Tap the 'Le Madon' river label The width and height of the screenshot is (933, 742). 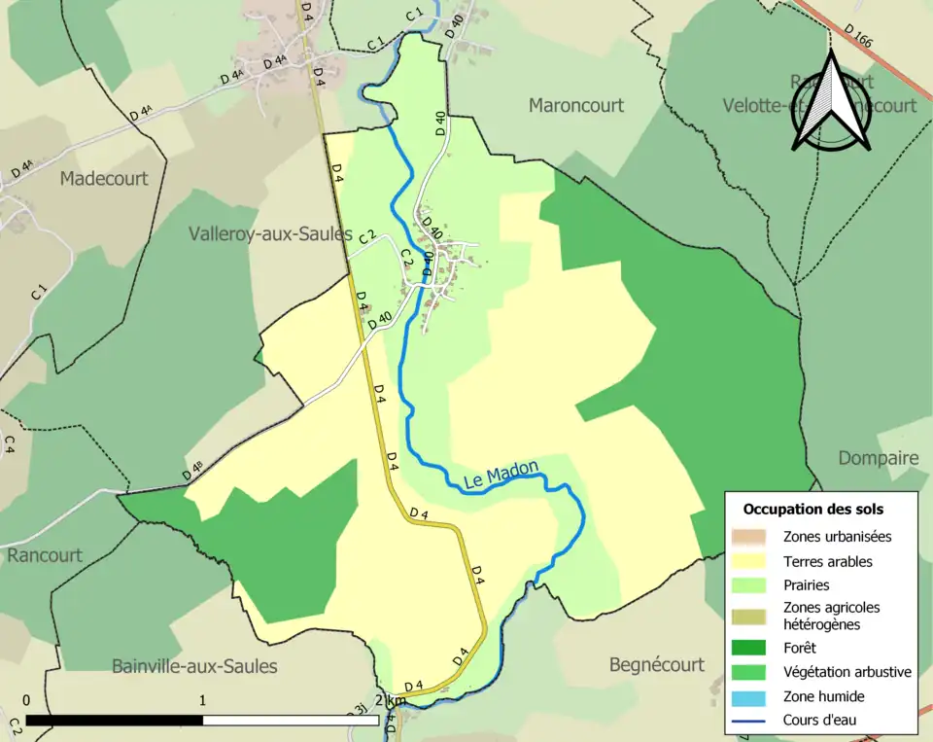tap(501, 476)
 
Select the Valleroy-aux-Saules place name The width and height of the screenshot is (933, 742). tap(270, 234)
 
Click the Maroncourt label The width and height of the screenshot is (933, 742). tap(576, 105)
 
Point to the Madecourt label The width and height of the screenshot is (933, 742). tap(104, 178)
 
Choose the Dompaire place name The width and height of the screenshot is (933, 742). tap(878, 458)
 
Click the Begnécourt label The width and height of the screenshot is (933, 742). tap(657, 665)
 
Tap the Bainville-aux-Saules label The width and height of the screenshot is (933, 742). tap(194, 666)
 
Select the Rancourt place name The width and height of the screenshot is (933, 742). tap(45, 555)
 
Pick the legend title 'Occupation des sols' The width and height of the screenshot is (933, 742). tap(812, 509)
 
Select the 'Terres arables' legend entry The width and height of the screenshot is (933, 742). tap(827, 561)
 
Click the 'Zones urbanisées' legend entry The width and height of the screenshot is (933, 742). tap(837, 536)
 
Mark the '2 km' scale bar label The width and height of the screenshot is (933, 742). tap(393, 701)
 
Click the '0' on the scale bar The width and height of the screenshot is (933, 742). tap(25, 700)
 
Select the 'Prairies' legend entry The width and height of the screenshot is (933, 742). tap(806, 585)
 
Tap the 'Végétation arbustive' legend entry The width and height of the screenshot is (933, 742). tap(847, 672)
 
